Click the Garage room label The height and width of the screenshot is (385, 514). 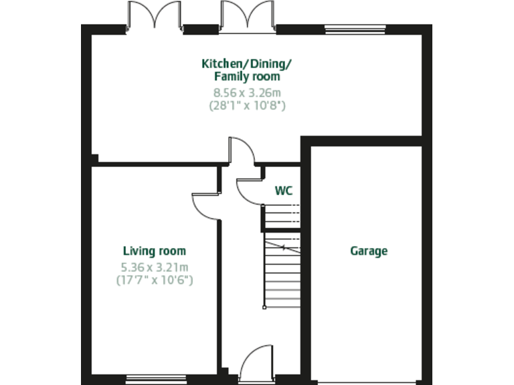click(369, 251)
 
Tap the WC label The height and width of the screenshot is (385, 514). click(284, 190)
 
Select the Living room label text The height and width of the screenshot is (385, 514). click(155, 251)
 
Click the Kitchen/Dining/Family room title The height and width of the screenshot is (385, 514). click(247, 70)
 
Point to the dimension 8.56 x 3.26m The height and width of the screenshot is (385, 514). click(248, 92)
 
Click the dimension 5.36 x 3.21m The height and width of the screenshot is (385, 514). click(155, 267)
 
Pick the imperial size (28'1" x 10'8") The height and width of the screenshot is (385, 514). click(248, 105)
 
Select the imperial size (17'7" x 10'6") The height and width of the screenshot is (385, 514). click(155, 280)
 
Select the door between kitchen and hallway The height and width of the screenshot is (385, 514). click(242, 150)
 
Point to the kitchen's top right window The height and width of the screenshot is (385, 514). click(355, 29)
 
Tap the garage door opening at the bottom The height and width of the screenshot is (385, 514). click(367, 382)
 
